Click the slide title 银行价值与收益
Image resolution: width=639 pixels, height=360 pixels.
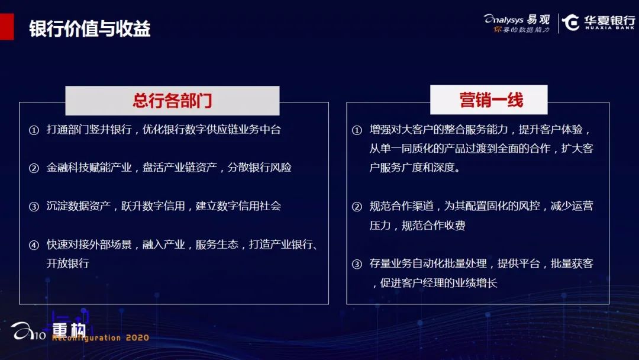coord(90,28)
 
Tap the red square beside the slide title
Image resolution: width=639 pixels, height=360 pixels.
coord(7,27)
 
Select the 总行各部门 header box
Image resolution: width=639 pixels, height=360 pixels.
coord(172,100)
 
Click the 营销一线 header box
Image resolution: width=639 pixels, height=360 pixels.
coord(489,100)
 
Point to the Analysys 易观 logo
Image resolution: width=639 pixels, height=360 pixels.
coord(517,23)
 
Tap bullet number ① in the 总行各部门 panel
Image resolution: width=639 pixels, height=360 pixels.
coord(34,130)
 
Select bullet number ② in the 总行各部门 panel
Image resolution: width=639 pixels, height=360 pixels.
coord(34,168)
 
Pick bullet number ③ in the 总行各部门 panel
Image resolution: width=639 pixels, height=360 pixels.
coord(34,206)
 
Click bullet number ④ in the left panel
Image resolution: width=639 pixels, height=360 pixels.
coord(34,245)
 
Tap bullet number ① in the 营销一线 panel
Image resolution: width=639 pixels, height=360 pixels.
coord(357,130)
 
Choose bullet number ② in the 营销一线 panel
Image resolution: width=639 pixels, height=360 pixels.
coord(357,206)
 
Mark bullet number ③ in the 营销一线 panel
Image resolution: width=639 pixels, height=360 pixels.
coord(357,263)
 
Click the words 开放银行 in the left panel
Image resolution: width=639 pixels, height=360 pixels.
coord(67,263)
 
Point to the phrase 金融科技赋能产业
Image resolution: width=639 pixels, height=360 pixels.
coord(89,167)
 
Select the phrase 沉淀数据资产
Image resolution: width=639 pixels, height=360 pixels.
coord(79,205)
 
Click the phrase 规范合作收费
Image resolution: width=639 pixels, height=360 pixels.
coord(433,225)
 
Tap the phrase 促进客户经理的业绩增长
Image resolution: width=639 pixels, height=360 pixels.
coord(438,282)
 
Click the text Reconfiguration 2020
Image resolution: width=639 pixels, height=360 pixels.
coord(101,337)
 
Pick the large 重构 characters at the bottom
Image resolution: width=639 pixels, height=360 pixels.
coord(69,330)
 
